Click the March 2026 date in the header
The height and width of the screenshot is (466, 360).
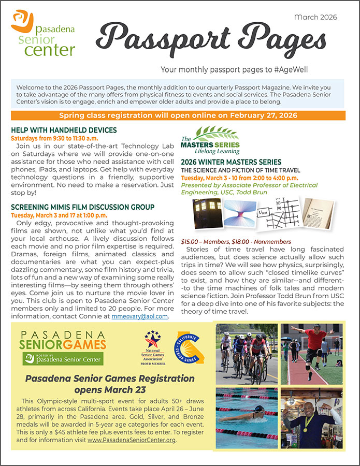tap(315, 17)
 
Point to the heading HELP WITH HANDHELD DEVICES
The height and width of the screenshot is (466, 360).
tap(64, 130)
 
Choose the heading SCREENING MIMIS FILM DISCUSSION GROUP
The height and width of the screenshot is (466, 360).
tap(82, 207)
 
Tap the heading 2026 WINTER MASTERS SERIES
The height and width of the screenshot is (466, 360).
tap(231, 162)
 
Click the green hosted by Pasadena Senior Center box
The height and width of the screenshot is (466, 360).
tap(62, 358)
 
